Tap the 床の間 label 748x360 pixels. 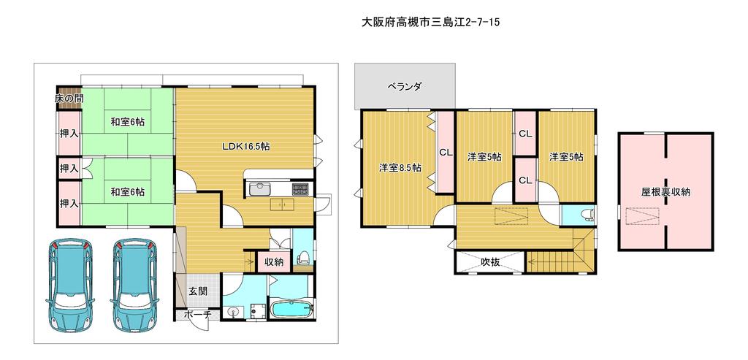pyautogui.click(x=69, y=99)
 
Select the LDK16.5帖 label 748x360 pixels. pyautogui.click(x=246, y=147)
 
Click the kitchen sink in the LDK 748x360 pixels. pyautogui.click(x=261, y=188)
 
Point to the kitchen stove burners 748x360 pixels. pyautogui.click(x=301, y=189)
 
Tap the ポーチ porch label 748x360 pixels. pyautogui.click(x=197, y=315)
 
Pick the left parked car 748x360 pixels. pyautogui.click(x=69, y=284)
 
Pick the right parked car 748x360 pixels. pyautogui.click(x=135, y=284)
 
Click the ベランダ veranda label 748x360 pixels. pyautogui.click(x=405, y=87)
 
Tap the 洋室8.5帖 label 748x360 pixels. pyautogui.click(x=400, y=168)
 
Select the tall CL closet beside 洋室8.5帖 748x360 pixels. pyautogui.click(x=446, y=152)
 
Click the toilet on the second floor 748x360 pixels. pyautogui.click(x=586, y=214)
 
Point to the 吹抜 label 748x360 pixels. pyautogui.click(x=490, y=261)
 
